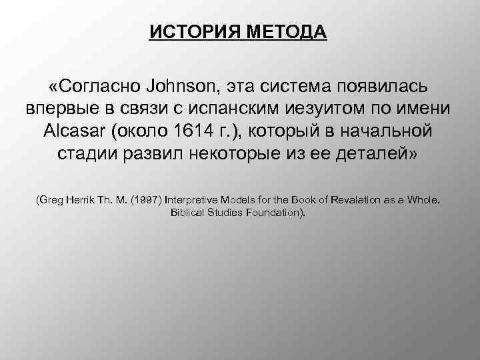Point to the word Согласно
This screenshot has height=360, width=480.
tap(96, 87)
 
